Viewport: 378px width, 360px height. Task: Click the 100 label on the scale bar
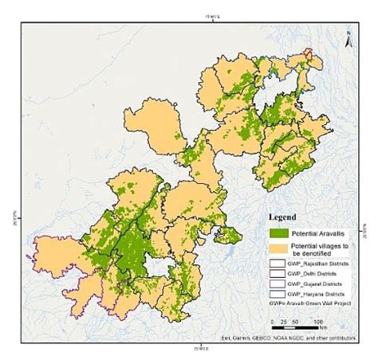click(x=319, y=319)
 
